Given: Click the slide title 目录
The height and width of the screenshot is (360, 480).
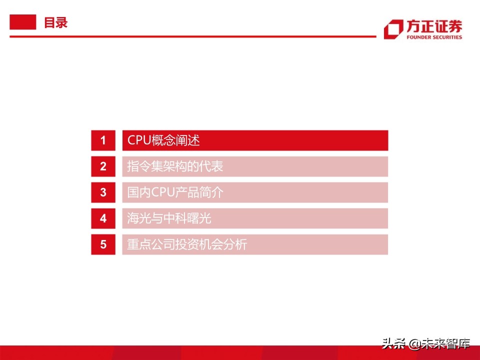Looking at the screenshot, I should (55, 22).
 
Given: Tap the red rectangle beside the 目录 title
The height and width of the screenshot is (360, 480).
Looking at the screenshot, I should (23, 22).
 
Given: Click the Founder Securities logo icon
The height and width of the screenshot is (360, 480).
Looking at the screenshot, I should (393, 29).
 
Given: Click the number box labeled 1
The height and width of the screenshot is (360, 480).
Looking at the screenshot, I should (103, 140).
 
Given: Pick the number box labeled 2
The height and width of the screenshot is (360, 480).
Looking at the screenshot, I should (103, 166).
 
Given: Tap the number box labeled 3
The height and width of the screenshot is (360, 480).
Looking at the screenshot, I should (103, 192).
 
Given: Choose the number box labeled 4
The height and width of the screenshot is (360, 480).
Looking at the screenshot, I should (103, 218).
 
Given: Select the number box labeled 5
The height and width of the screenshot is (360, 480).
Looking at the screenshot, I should (103, 244).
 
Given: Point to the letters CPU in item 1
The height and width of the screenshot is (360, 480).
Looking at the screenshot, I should (138, 140).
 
